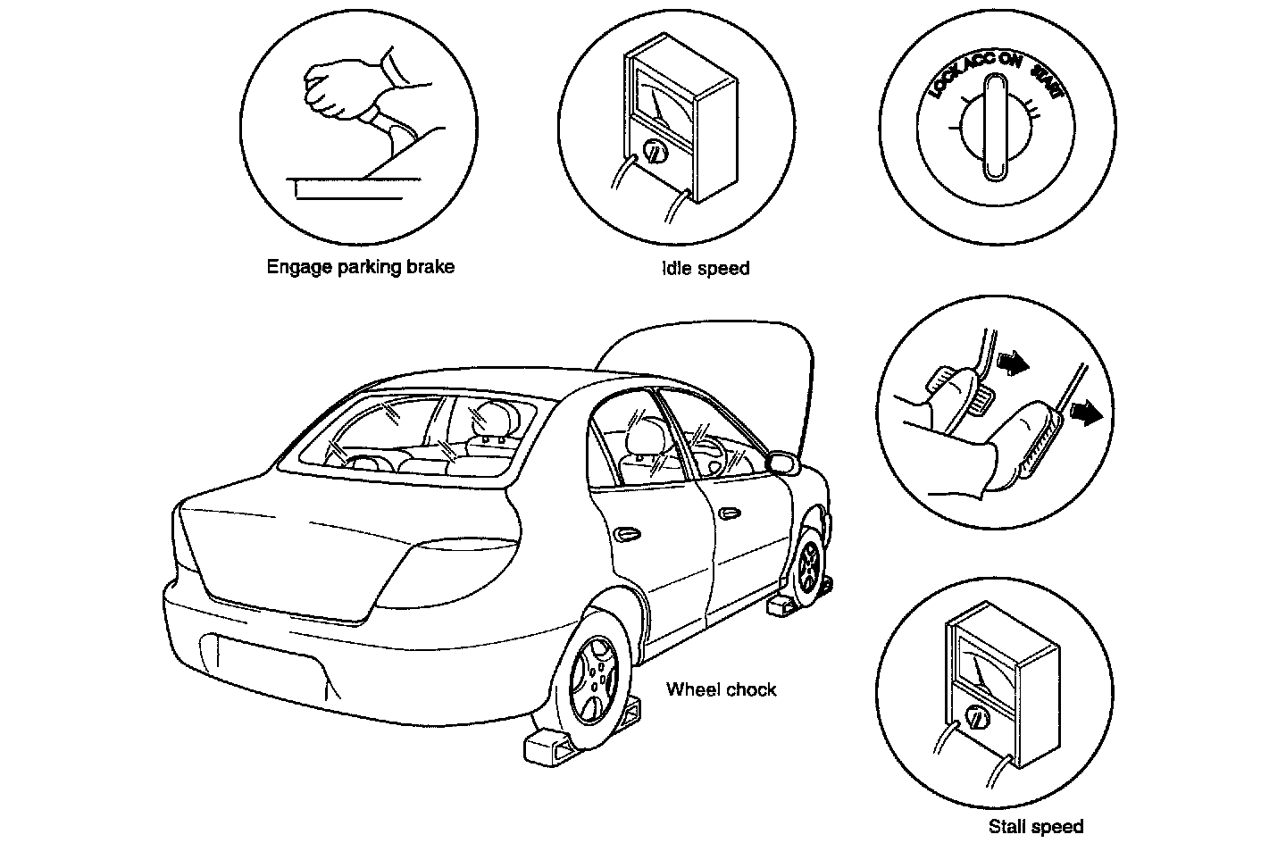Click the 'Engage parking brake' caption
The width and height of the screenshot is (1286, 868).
click(x=360, y=267)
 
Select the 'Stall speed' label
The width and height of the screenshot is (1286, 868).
click(x=1036, y=827)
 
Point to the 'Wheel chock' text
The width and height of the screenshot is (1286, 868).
click(x=722, y=689)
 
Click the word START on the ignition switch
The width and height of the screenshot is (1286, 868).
click(x=1046, y=81)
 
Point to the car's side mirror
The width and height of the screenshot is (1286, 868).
click(x=781, y=463)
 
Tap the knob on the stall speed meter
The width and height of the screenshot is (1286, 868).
click(x=977, y=718)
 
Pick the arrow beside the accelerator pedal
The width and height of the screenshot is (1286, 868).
click(x=1084, y=413)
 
